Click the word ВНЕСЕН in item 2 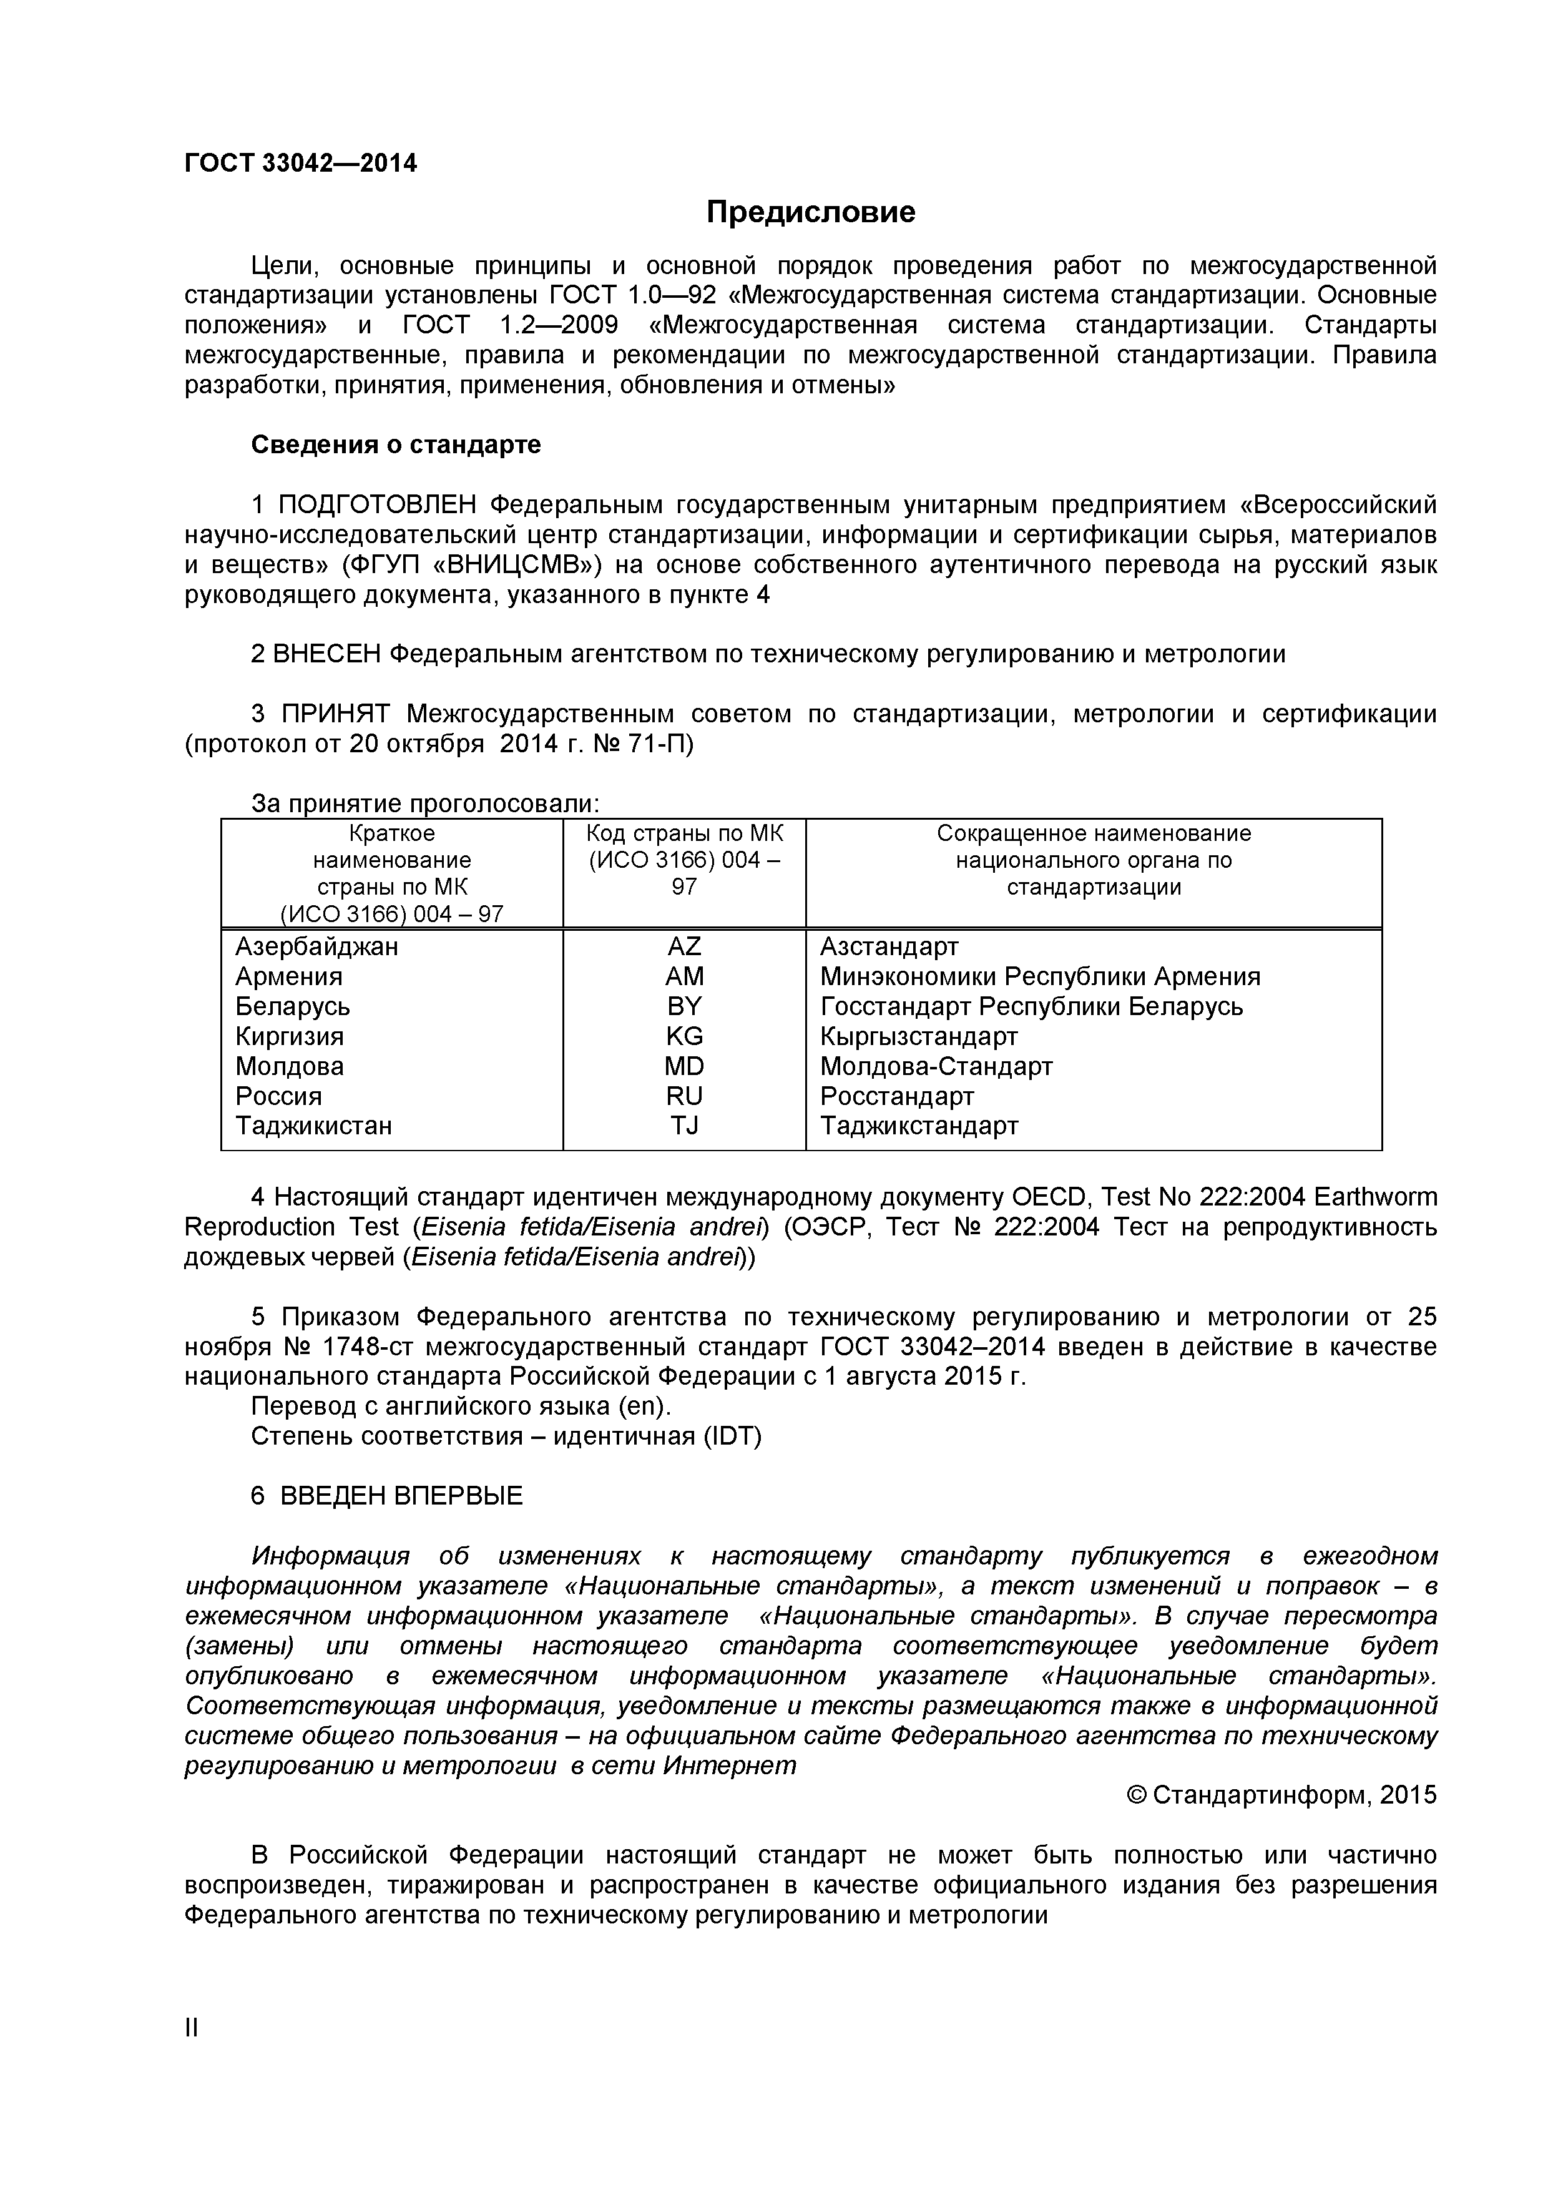tap(327, 654)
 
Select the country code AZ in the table tap(684, 946)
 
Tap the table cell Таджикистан tap(314, 1126)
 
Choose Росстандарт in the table tap(896, 1096)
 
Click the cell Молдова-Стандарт tap(936, 1066)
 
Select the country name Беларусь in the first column tap(293, 1006)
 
